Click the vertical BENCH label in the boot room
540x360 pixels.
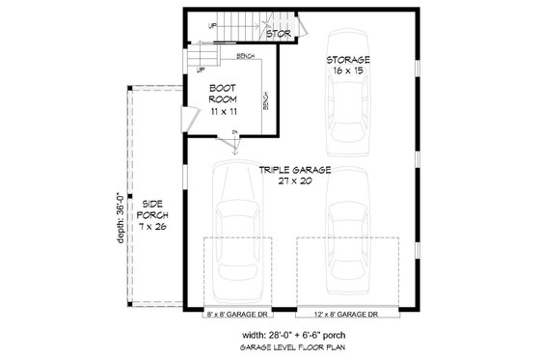(265, 102)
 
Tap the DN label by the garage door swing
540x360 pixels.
(235, 133)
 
